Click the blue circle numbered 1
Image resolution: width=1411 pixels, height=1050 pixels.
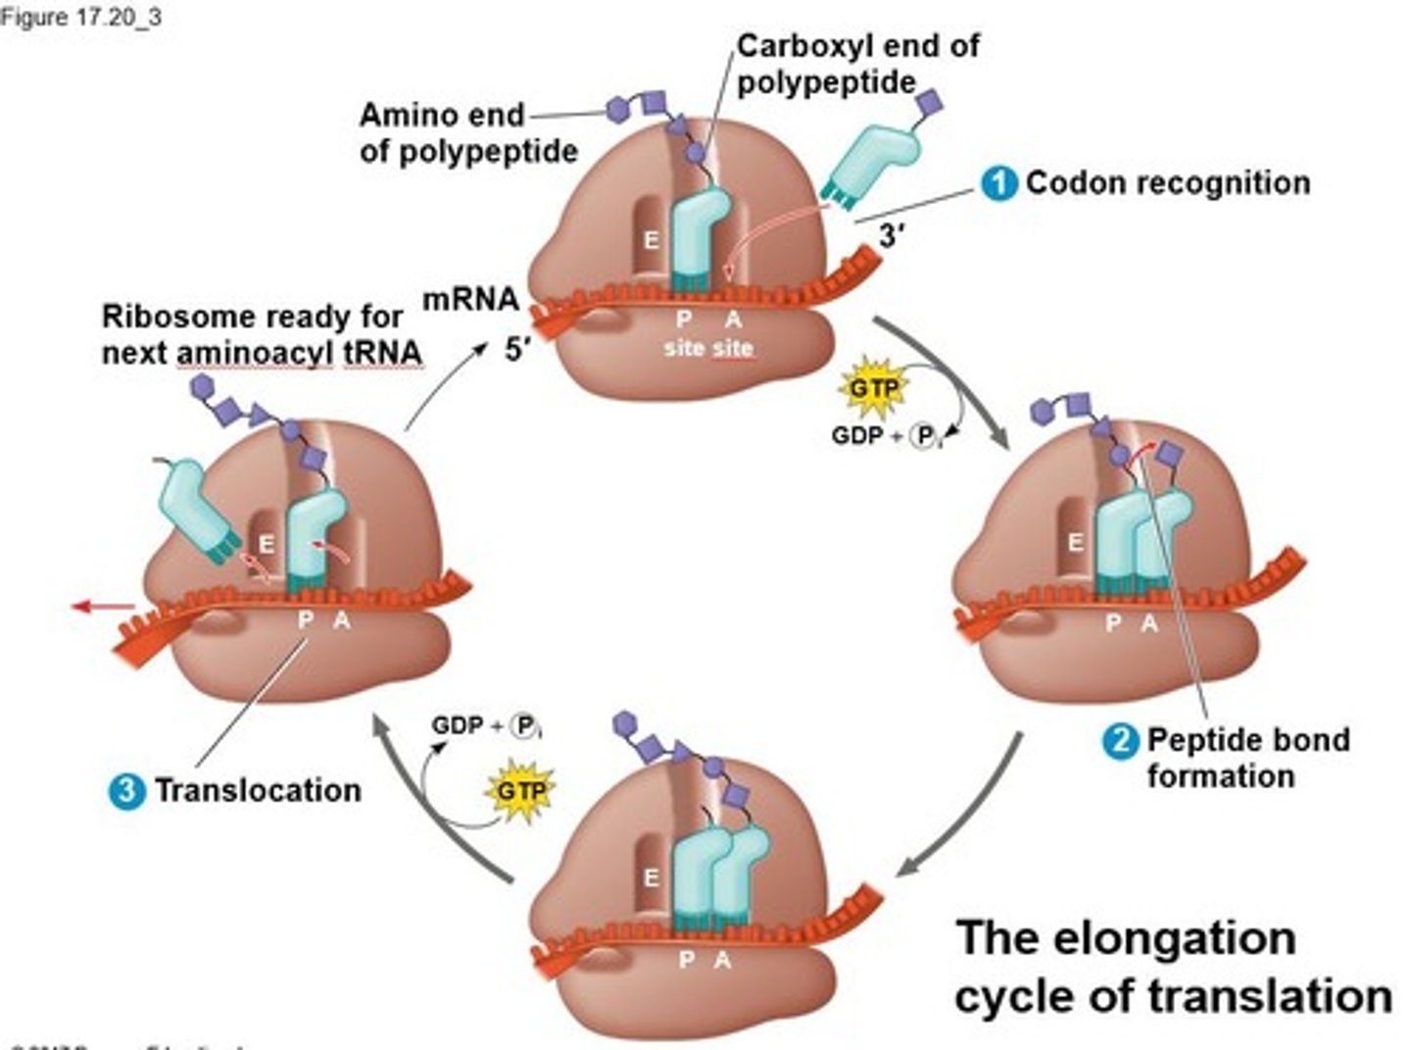point(999,184)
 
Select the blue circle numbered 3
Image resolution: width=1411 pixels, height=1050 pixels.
point(126,790)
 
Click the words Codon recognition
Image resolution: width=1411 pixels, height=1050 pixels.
point(1168,183)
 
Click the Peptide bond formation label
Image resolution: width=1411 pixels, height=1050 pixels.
point(1246,758)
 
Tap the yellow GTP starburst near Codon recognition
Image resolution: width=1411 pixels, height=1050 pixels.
point(871,389)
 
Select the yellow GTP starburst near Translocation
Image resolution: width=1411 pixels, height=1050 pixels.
point(520,789)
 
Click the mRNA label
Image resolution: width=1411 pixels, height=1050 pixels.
point(470,299)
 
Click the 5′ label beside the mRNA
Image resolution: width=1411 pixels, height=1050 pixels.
point(518,349)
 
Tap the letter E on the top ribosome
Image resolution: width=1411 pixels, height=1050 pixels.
point(651,239)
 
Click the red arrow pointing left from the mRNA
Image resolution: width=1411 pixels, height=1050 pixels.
point(102,607)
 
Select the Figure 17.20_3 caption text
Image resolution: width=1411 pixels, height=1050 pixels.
point(80,17)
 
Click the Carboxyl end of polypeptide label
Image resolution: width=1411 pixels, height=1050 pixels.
point(857,64)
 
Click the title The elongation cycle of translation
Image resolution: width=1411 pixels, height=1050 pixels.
point(1172,967)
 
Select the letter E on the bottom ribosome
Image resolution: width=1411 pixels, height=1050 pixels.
point(651,878)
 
